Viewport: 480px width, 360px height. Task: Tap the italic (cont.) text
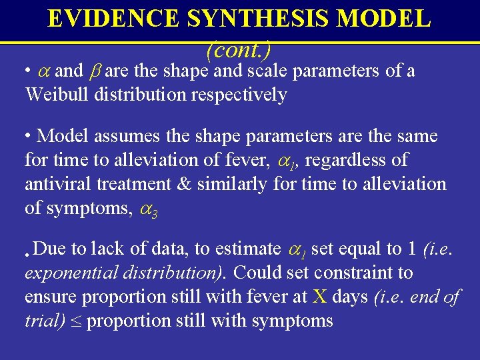238,49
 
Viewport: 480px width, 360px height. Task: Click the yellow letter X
320,296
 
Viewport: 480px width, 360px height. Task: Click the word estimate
248,249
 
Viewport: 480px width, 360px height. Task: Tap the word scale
267,71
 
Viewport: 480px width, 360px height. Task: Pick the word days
351,296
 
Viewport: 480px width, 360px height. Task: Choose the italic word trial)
45,320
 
